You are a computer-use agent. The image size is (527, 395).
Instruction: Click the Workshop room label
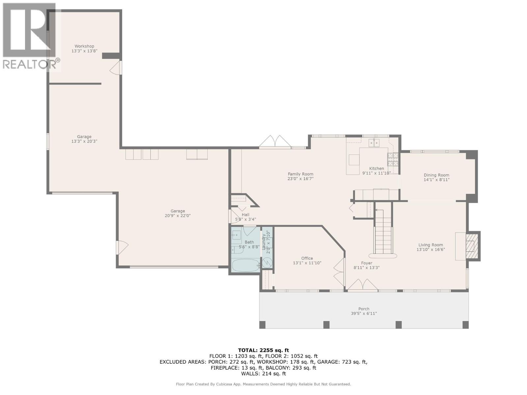point(84,46)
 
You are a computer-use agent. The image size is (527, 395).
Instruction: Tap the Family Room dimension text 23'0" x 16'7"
point(300,179)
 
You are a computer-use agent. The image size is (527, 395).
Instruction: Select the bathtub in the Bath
point(245,265)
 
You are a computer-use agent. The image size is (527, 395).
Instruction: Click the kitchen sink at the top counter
point(374,143)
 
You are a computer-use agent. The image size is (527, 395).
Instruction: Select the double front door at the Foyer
point(363,285)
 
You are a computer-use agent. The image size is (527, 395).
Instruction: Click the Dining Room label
point(436,175)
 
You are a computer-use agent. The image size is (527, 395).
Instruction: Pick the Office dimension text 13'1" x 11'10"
point(307,263)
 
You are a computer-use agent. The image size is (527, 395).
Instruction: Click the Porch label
point(364,309)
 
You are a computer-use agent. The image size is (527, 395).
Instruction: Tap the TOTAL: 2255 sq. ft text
point(263,350)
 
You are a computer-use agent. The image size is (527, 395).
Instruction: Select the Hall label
point(245,215)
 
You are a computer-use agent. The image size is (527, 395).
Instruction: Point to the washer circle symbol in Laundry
point(267,262)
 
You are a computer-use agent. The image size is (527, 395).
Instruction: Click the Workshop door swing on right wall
point(116,68)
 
